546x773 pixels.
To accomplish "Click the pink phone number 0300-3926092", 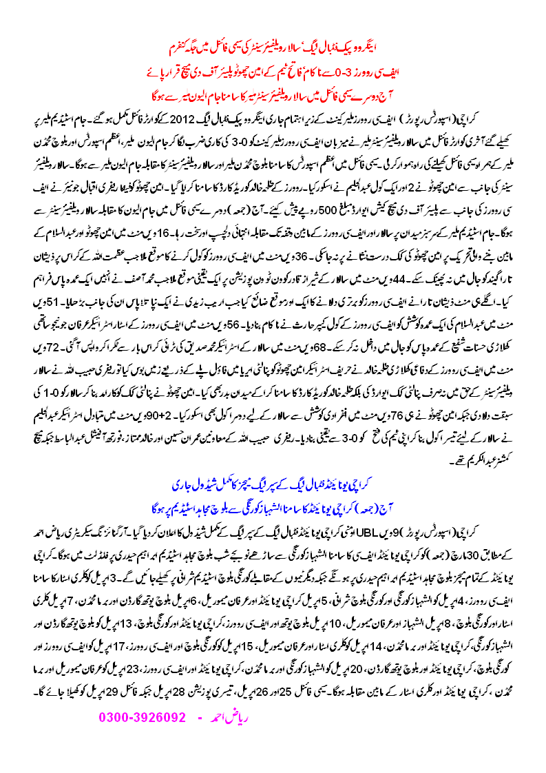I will coord(143,717).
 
